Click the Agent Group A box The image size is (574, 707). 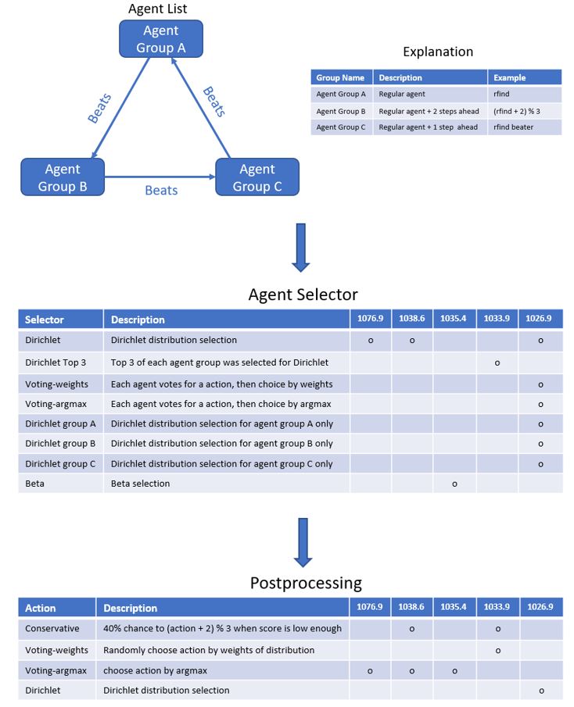(161, 39)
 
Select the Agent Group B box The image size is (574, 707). (63, 177)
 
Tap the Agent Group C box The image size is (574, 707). (257, 177)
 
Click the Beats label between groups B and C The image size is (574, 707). (161, 191)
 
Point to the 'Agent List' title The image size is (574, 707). (157, 9)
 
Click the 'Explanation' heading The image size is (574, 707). (438, 52)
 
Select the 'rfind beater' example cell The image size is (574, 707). (513, 127)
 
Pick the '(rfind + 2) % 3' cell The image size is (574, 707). (517, 111)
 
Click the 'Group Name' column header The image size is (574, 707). (340, 77)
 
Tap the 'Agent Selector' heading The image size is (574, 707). (303, 295)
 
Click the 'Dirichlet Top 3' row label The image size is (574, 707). (56, 362)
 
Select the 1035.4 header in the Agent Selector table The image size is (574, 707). (454, 318)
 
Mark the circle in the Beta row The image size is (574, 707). (454, 484)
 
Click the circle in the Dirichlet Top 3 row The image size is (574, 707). (497, 363)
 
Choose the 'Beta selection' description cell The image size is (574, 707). (140, 484)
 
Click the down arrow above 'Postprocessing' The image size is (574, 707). (303, 542)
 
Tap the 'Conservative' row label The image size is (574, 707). (52, 629)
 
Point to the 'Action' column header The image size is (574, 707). (40, 609)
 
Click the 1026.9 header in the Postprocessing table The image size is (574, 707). (540, 607)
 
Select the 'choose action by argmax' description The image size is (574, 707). (156, 670)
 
